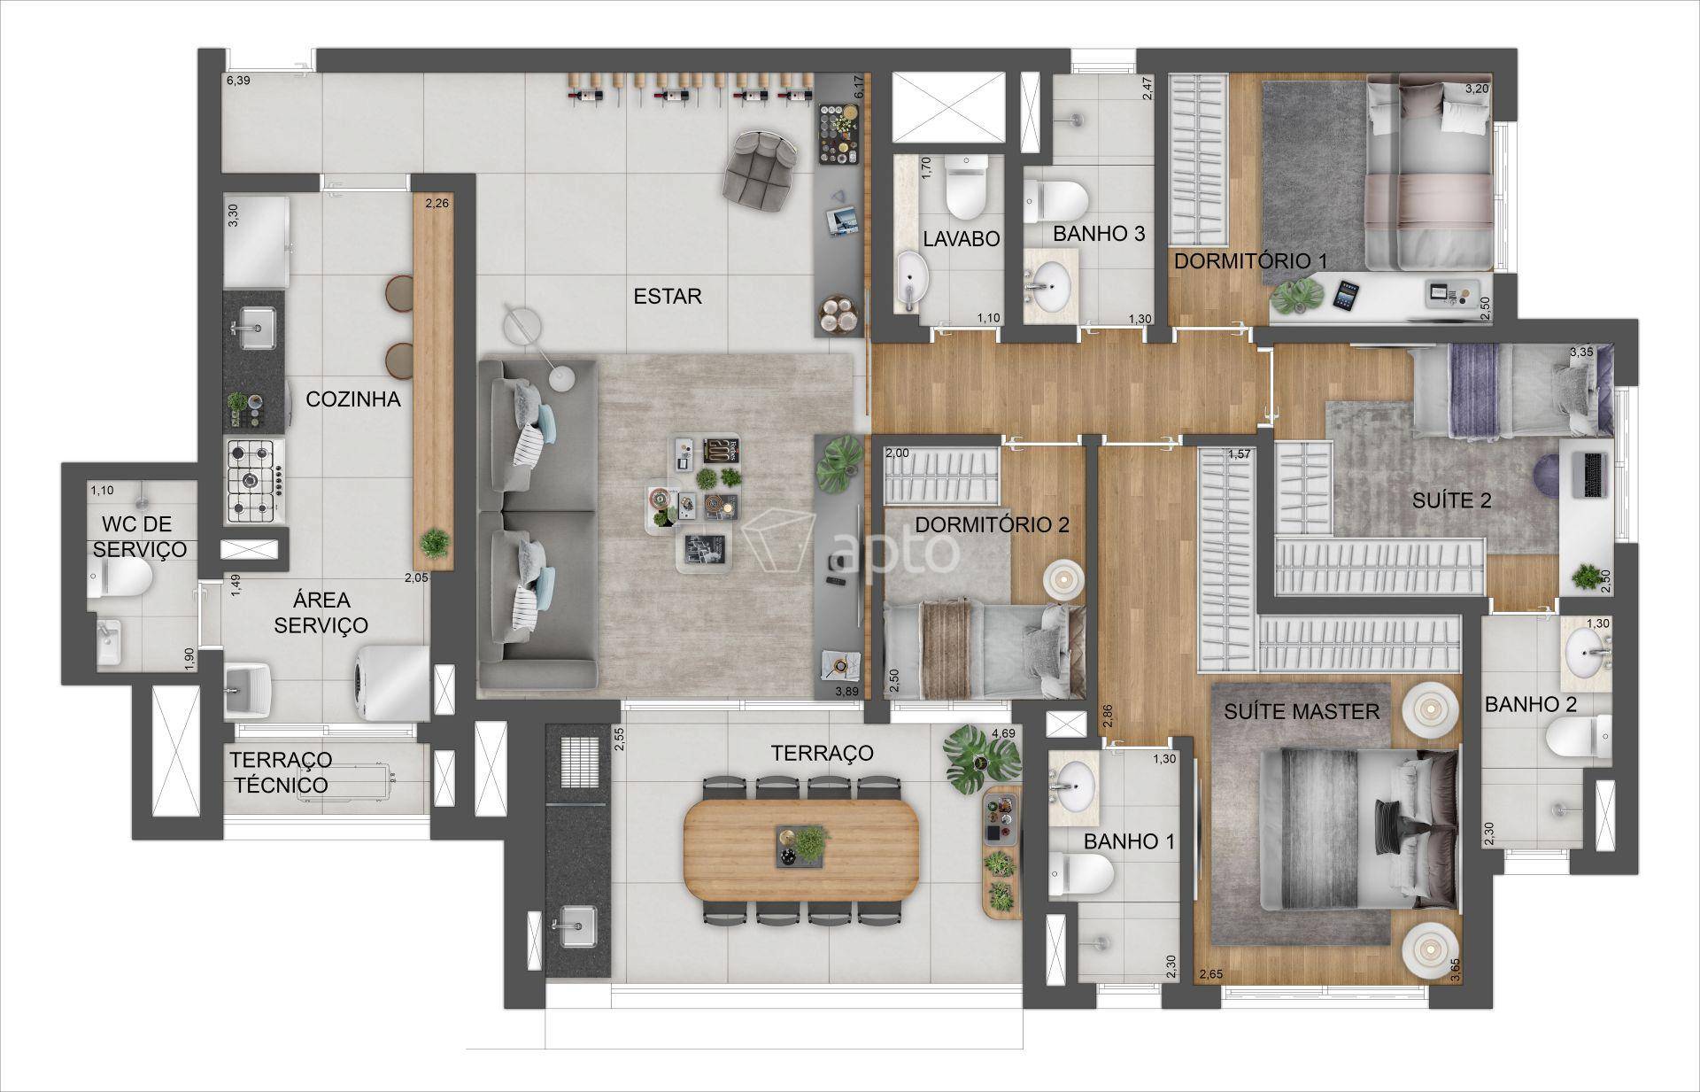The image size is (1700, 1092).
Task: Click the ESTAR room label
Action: pos(668,296)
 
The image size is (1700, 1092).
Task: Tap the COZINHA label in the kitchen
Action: pos(353,399)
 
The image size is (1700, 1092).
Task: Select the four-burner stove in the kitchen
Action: pos(254,481)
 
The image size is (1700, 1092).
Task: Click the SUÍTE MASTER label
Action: pos(1302,711)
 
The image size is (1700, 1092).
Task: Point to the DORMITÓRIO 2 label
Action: pos(992,524)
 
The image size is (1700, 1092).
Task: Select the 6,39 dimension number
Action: pos(239,81)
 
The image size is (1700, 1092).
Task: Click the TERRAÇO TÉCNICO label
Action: pos(281,772)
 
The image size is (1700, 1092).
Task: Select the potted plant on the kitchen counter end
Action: pos(435,542)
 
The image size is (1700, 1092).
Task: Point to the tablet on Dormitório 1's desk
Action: pos(1347,295)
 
